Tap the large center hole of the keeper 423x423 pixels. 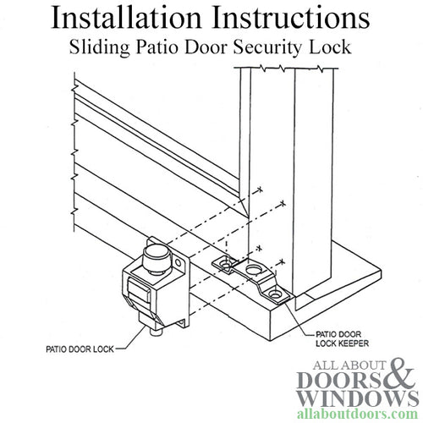(252, 270)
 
